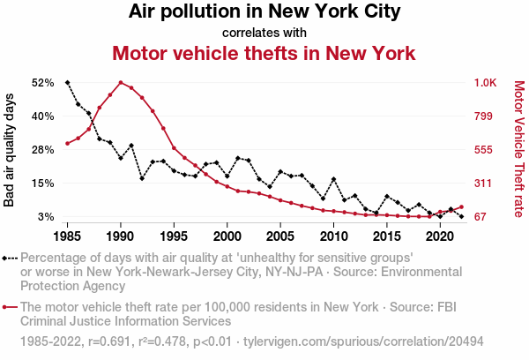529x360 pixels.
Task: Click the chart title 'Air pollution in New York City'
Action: (264, 12)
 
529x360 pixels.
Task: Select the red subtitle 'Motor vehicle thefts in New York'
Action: (264, 53)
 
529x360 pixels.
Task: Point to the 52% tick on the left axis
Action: (43, 83)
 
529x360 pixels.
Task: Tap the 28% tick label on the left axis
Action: (43, 150)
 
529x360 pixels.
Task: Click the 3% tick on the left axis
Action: (47, 217)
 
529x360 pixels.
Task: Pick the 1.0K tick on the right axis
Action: (486, 83)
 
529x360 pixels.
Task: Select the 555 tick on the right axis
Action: (483, 150)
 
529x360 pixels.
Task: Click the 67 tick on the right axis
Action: (481, 217)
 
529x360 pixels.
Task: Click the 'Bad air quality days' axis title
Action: (11, 150)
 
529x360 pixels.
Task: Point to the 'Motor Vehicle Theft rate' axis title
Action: (518, 150)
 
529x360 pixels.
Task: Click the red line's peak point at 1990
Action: (121, 83)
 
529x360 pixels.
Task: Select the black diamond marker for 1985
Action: (67, 83)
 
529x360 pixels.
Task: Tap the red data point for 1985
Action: (67, 144)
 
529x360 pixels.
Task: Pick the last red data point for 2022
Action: (461, 206)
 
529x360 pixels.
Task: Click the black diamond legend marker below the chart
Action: (7, 259)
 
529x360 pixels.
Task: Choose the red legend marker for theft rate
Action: (7, 307)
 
